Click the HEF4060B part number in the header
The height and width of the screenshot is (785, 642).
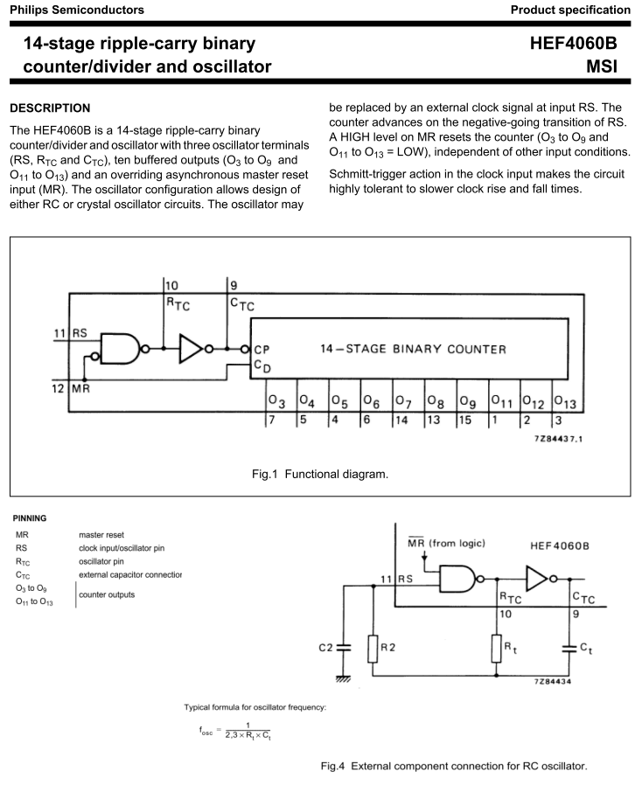574,43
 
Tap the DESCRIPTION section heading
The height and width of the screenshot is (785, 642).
50,108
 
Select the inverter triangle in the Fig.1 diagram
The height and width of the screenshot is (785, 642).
191,349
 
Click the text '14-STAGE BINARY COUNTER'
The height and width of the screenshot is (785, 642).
413,349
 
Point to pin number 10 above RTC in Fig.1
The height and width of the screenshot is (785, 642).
171,286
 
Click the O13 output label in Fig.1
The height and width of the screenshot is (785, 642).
565,402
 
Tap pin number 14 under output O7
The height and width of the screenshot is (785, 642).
401,420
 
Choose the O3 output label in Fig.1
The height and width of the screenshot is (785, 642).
276,402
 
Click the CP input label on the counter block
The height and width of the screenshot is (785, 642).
262,350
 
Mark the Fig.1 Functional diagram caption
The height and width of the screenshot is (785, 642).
320,474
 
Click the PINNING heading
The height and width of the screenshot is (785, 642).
30,518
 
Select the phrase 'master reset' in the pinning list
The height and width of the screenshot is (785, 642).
101,535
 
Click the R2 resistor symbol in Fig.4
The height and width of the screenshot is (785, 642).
373,649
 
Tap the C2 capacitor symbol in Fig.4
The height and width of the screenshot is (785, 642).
343,648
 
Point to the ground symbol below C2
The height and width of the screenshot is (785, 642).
343,678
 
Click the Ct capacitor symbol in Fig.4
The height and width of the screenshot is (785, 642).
569,649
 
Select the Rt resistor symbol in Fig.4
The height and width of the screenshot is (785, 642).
496,649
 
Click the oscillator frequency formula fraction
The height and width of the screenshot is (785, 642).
248,731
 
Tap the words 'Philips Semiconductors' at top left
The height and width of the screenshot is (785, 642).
77,10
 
